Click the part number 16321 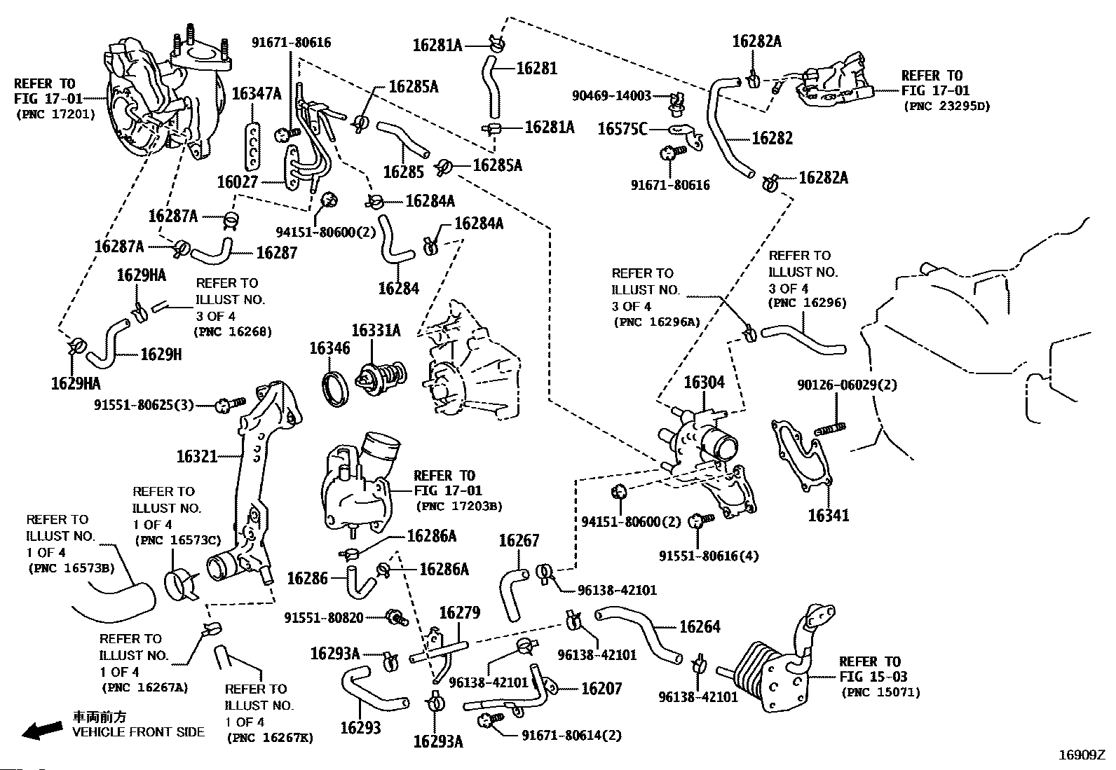(x=197, y=457)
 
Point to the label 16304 (x=704, y=383)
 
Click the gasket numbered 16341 (x=799, y=455)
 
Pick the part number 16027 (x=238, y=182)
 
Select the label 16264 (x=700, y=626)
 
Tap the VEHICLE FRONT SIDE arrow (x=41, y=731)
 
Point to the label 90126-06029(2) (x=847, y=385)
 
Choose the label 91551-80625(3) (x=144, y=405)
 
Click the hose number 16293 (x=360, y=727)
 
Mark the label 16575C (x=622, y=129)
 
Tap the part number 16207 (x=601, y=689)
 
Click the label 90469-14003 (x=611, y=95)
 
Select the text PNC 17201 (x=54, y=114)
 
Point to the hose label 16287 (x=277, y=252)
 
